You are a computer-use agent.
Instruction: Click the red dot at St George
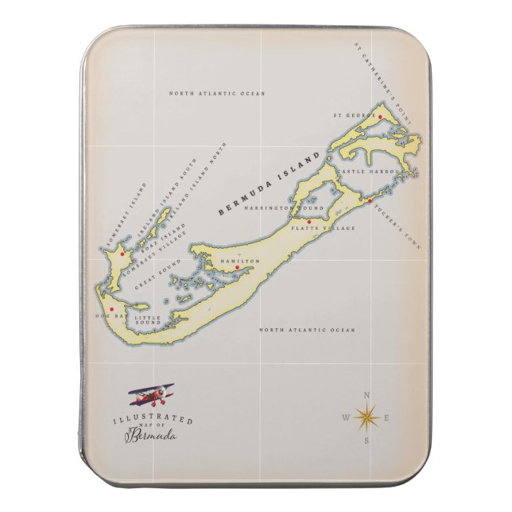tap(380, 118)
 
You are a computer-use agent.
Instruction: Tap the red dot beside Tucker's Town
tap(370, 200)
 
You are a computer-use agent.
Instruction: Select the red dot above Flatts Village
tap(309, 222)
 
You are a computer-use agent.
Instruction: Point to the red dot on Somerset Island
tap(122, 254)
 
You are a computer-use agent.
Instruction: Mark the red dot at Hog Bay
tap(112, 309)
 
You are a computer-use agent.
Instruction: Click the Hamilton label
tap(239, 261)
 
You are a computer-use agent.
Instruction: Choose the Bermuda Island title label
tap(270, 184)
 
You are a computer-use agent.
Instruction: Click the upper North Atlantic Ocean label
tap(217, 94)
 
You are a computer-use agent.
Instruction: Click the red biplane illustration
tap(153, 394)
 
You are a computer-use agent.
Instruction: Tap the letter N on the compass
tap(367, 394)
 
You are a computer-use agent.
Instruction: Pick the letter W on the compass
tap(345, 417)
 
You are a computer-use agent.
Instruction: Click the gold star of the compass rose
tap(367, 416)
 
